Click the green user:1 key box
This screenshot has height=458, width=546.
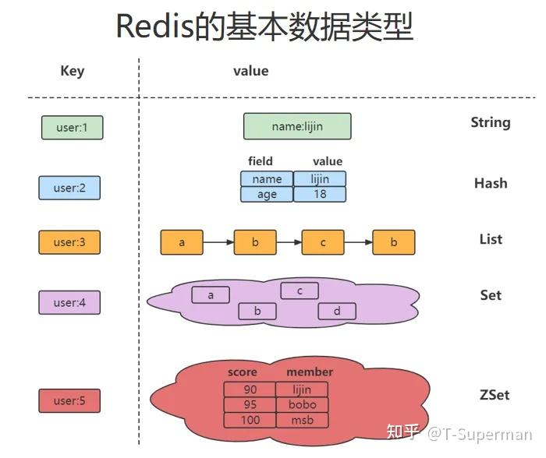pyautogui.click(x=72, y=128)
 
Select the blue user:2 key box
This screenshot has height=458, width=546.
pyautogui.click(x=69, y=188)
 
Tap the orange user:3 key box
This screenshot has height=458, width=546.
pyautogui.click(x=69, y=242)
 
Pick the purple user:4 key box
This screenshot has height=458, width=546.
pyautogui.click(x=69, y=302)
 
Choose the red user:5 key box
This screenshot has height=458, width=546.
pyautogui.click(x=69, y=401)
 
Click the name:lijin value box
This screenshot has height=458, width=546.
pyautogui.click(x=297, y=126)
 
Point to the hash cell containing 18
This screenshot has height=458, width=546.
pyautogui.click(x=320, y=194)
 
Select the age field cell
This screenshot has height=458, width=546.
pyautogui.click(x=267, y=194)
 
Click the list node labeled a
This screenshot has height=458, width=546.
pyautogui.click(x=182, y=242)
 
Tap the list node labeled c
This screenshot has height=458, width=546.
pyautogui.click(x=323, y=242)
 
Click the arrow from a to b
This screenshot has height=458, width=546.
pyautogui.click(x=218, y=242)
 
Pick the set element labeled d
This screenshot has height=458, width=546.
pyautogui.click(x=337, y=312)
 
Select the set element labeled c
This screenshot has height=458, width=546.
pyautogui.click(x=300, y=291)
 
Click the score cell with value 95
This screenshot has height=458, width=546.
pyautogui.click(x=250, y=405)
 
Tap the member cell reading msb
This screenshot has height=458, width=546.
pyautogui.click(x=302, y=420)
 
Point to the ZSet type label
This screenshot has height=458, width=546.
pyautogui.click(x=494, y=395)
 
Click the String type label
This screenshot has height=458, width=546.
pyautogui.click(x=491, y=122)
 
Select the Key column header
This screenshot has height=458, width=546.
pyautogui.click(x=72, y=71)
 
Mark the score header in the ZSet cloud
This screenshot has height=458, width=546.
pyautogui.click(x=242, y=372)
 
